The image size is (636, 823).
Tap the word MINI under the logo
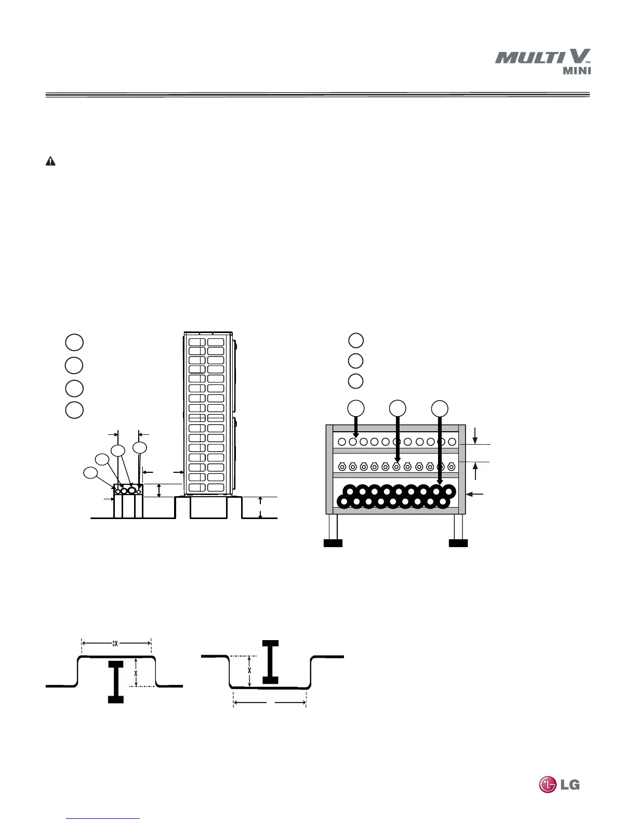click(577, 71)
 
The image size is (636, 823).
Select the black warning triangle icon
click(50, 162)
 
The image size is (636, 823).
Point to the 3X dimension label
click(116, 643)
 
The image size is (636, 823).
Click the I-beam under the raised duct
click(116, 682)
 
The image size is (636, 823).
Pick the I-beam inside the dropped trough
click(270, 661)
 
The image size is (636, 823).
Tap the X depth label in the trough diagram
click(250, 670)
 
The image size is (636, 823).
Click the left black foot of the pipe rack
click(333, 543)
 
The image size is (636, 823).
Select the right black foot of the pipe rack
click(458, 543)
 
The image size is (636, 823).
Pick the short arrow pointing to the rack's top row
click(356, 426)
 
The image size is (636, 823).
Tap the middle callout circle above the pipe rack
click(398, 408)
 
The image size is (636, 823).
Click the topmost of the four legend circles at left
click(74, 342)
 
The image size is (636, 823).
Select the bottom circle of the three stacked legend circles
click(355, 381)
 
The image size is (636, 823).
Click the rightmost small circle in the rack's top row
click(452, 442)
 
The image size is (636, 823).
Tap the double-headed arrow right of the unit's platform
click(260, 508)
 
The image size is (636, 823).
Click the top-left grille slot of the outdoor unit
click(196, 342)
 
